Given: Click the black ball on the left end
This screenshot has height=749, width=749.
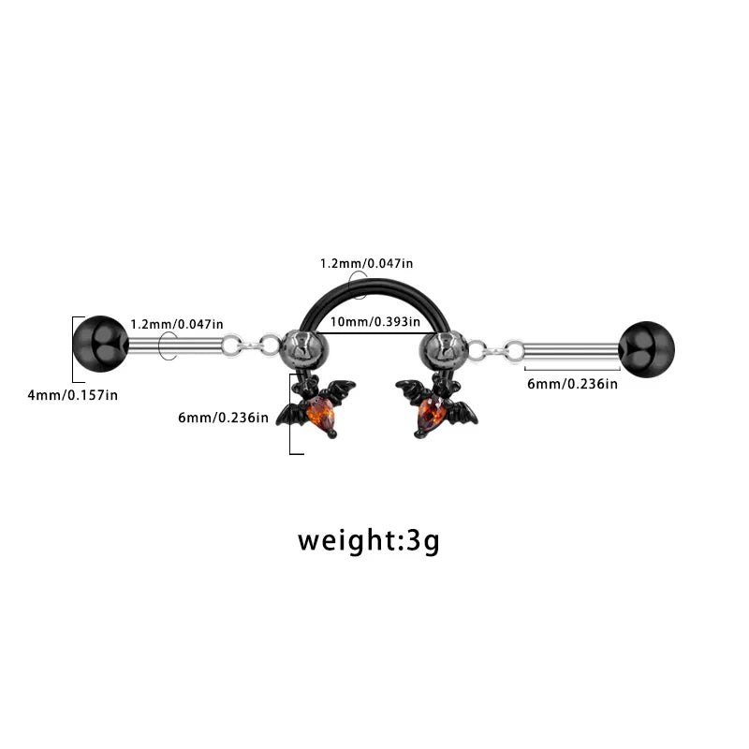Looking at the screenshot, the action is point(101,344).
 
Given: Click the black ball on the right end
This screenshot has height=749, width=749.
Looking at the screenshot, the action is point(647,349).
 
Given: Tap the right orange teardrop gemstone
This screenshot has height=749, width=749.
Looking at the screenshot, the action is point(432,413).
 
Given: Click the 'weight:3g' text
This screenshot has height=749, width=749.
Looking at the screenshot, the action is point(368,541).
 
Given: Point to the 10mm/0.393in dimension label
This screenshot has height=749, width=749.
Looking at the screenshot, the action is point(375,321).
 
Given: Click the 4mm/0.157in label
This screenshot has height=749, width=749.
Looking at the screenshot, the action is point(73,395).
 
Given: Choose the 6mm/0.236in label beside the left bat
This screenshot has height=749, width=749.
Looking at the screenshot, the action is point(223,418).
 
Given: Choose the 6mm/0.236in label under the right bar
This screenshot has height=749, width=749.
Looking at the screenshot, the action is point(572,384).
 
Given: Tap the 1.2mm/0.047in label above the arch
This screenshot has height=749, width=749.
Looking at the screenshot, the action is point(366,263).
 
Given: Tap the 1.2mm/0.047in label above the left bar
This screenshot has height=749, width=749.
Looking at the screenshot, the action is point(177,324).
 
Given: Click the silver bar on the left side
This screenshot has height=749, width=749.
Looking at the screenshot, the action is point(176,345).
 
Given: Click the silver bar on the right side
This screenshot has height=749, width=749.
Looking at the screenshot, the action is point(571,352).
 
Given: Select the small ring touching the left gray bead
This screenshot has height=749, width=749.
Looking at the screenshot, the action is point(270,345).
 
